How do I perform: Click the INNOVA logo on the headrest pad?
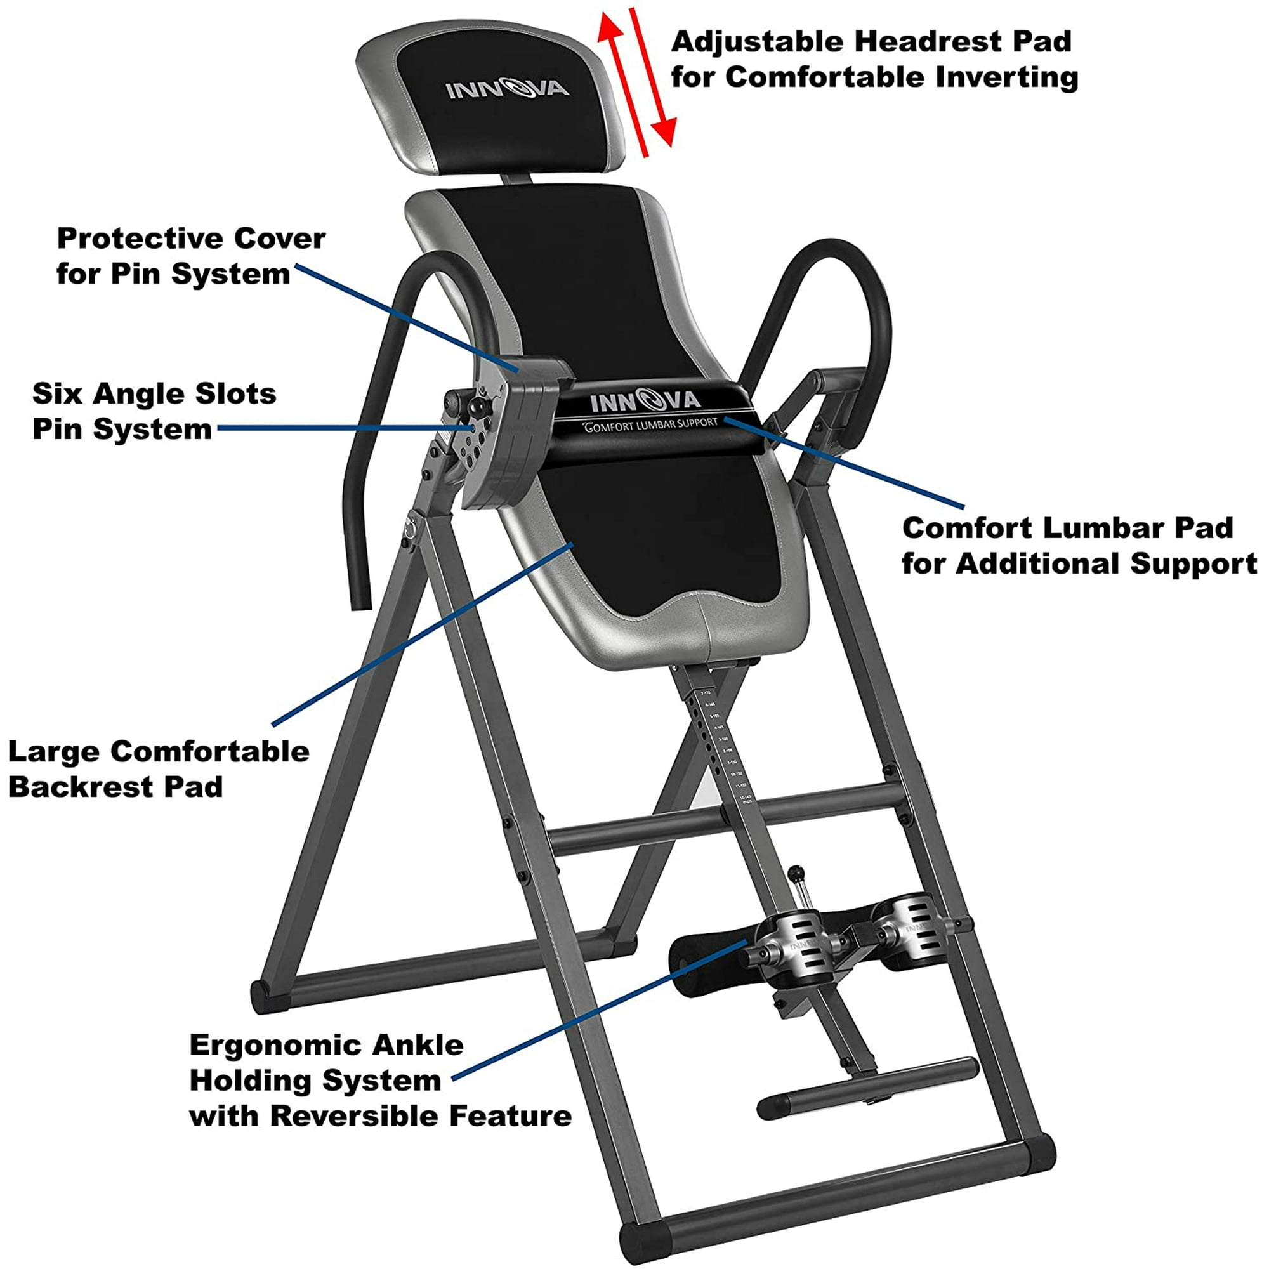point(506,88)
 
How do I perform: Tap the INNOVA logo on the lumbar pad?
point(645,400)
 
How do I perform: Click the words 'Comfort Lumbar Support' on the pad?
point(651,424)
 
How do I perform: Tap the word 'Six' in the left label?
point(57,394)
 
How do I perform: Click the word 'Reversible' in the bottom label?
point(356,1116)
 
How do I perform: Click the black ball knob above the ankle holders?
point(796,873)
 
